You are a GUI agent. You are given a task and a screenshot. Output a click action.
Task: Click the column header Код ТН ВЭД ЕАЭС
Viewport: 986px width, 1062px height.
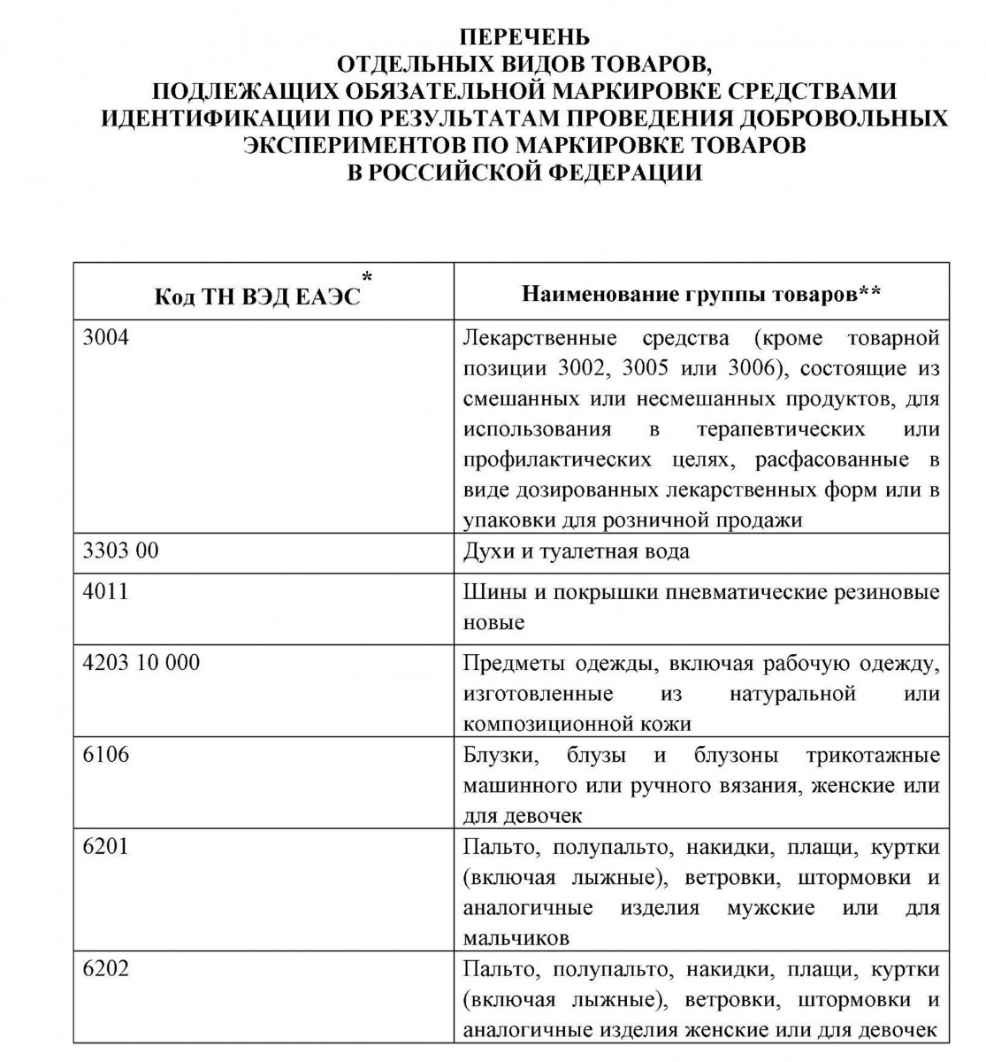[x=258, y=296]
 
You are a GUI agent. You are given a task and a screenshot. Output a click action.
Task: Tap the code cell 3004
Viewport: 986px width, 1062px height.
[x=105, y=337]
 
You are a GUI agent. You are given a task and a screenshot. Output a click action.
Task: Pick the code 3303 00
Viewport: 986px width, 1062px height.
[x=120, y=550]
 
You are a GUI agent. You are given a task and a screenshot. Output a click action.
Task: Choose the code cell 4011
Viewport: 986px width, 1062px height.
[x=105, y=591]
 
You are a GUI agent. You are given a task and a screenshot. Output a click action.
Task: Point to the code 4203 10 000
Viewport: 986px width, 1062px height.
[x=141, y=662]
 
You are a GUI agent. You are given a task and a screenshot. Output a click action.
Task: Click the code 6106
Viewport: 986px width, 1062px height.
[x=105, y=754]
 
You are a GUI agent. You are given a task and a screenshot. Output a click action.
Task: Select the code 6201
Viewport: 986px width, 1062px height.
[x=105, y=846]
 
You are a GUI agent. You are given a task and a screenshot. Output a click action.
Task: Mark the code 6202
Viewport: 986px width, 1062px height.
[x=105, y=968]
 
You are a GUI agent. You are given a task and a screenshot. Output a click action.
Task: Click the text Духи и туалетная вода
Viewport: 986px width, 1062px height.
[x=576, y=551]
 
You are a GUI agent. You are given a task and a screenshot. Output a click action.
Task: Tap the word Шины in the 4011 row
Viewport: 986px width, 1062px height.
[x=489, y=592]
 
